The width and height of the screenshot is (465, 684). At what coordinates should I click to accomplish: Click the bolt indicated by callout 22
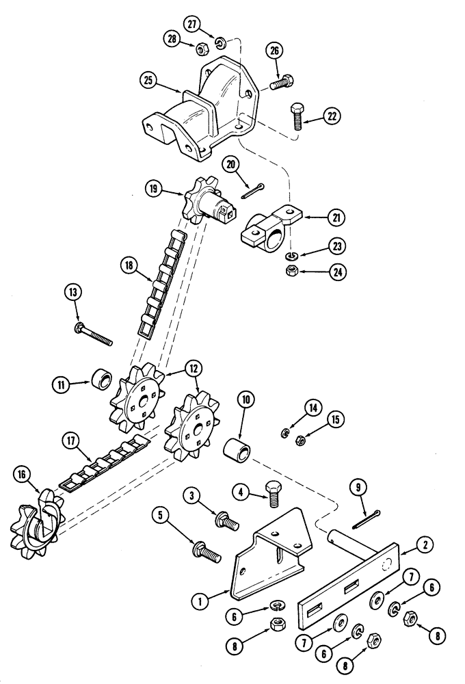(297, 118)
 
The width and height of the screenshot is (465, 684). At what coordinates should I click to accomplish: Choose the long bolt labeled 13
(96, 334)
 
